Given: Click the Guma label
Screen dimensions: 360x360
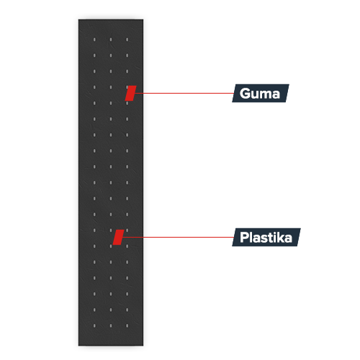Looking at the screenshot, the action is (x=261, y=93).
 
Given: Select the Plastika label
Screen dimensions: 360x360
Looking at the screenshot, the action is (x=266, y=237).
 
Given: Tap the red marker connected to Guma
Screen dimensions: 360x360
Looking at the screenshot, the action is (x=130, y=93).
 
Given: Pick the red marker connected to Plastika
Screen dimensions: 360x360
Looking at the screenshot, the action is (x=118, y=237).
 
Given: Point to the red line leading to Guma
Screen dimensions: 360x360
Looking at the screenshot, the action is (x=184, y=93).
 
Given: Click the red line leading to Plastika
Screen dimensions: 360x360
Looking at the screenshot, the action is (x=178, y=237).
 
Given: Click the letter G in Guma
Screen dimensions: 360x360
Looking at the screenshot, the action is (x=245, y=94).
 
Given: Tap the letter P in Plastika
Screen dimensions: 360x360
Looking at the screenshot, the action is (x=244, y=238).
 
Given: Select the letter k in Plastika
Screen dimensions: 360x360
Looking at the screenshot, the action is (x=280, y=237).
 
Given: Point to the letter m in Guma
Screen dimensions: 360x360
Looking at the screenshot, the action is (x=266, y=95).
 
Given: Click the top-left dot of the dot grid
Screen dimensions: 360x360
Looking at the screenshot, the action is (x=94, y=40).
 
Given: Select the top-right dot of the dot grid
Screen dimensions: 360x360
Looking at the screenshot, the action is (x=127, y=40).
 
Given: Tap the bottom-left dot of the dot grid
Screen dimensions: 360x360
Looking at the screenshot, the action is (x=94, y=325).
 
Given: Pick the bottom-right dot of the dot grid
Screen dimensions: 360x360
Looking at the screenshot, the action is (x=127, y=325).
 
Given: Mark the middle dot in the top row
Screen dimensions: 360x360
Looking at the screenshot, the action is (x=111, y=40).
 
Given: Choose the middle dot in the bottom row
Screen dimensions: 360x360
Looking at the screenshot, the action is (x=111, y=325).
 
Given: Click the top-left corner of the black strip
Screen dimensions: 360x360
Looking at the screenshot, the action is (x=78, y=19).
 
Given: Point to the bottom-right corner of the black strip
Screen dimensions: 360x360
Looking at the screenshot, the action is (x=143, y=346).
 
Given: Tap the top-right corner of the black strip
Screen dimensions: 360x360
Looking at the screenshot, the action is (x=143, y=19).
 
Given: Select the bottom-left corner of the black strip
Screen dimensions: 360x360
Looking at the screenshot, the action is (x=78, y=346).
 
